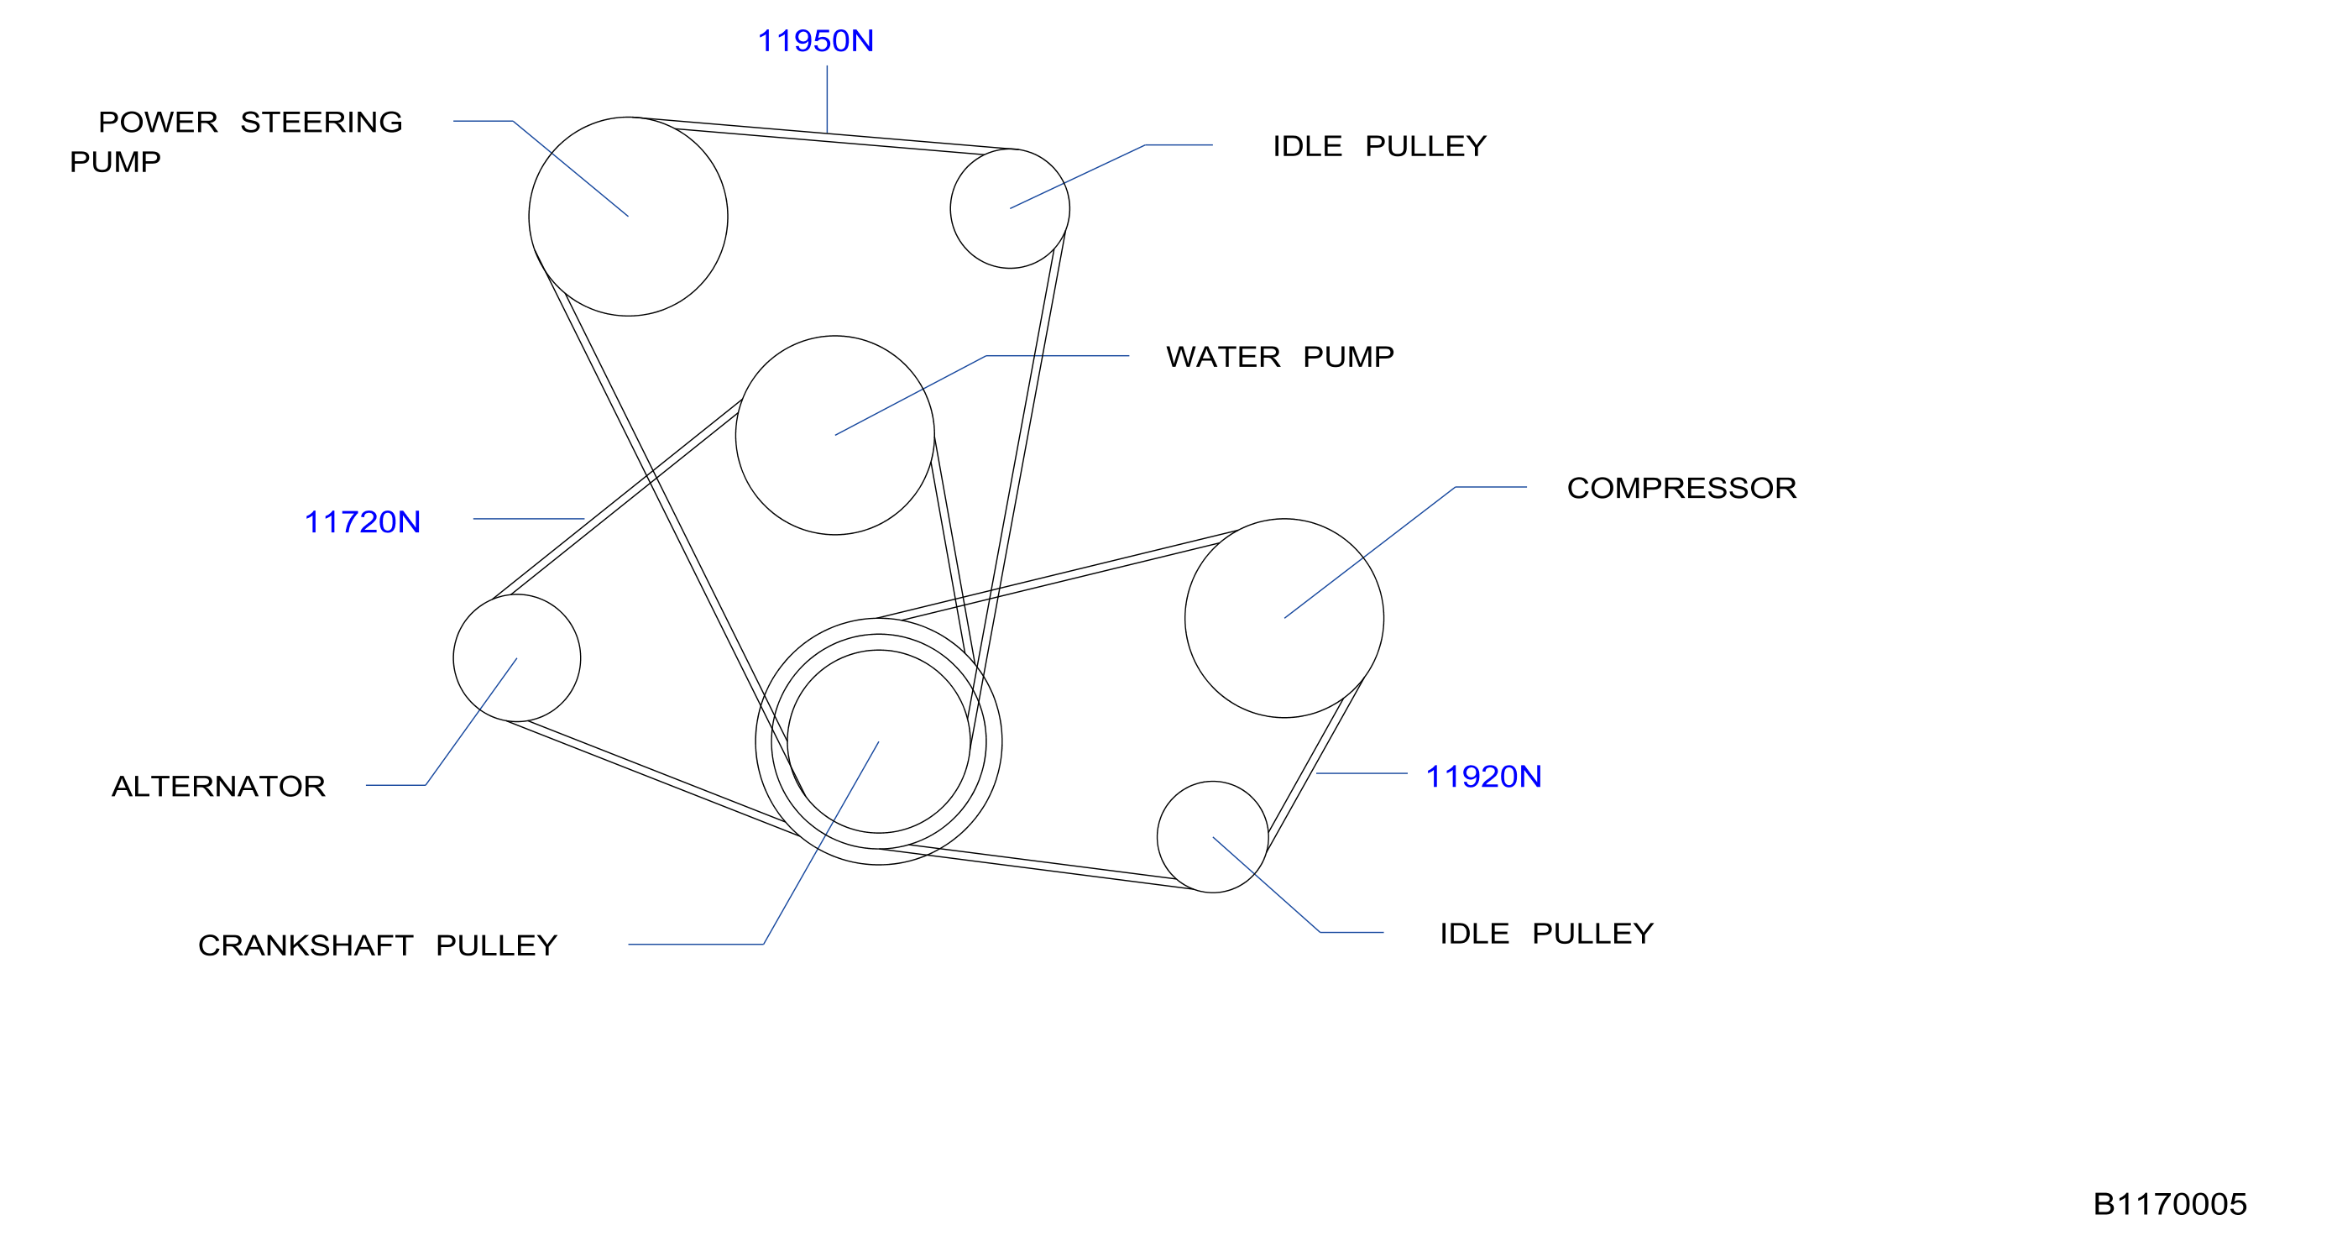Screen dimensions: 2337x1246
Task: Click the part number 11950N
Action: pyautogui.click(x=815, y=41)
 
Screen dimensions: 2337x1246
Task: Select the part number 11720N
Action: pyautogui.click(x=362, y=521)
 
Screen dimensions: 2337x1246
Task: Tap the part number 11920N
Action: pyautogui.click(x=1483, y=776)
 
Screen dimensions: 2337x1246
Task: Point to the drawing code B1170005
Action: pyautogui.click(x=2169, y=1204)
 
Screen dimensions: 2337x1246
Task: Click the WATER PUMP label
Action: pyautogui.click(x=1280, y=357)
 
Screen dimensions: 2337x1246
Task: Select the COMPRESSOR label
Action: pyautogui.click(x=1682, y=488)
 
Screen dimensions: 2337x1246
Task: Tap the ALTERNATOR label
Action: pyautogui.click(x=218, y=786)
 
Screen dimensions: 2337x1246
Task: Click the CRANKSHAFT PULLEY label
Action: pyautogui.click(x=378, y=945)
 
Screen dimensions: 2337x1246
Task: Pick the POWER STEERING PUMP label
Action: pyautogui.click(x=236, y=142)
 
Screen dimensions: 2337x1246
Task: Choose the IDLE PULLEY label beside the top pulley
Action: pyautogui.click(x=1379, y=146)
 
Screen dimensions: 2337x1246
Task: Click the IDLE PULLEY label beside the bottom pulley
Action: pyautogui.click(x=1547, y=934)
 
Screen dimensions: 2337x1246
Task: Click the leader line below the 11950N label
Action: pyautogui.click(x=827, y=99)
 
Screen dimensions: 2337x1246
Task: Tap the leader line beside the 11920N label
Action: pyautogui.click(x=1361, y=773)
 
